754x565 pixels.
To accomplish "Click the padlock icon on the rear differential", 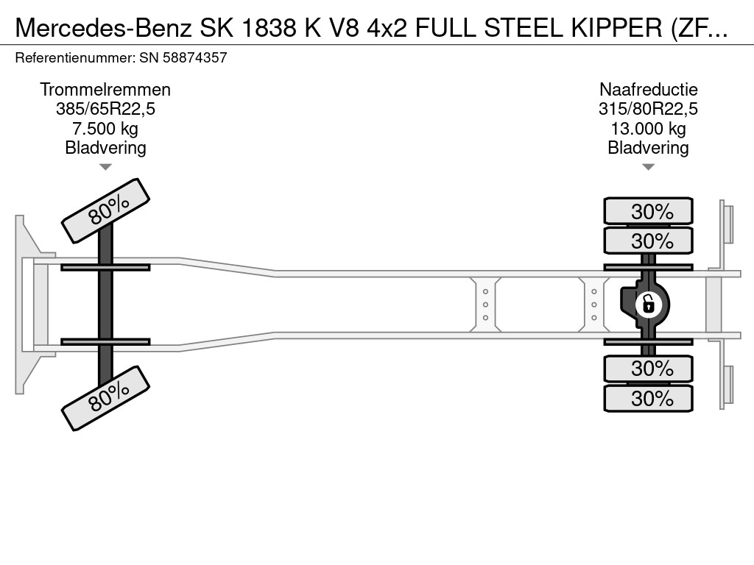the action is pyautogui.click(x=648, y=305).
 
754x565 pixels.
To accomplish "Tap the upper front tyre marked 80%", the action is pyautogui.click(x=106, y=211).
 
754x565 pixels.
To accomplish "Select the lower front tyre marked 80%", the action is pyautogui.click(x=106, y=398).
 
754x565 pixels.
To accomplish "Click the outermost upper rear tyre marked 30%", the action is pyautogui.click(x=648, y=211).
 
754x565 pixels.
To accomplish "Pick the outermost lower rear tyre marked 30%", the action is pyautogui.click(x=648, y=398).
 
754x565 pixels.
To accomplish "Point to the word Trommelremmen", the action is pyautogui.click(x=105, y=90).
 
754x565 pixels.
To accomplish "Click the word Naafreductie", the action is pyautogui.click(x=648, y=90).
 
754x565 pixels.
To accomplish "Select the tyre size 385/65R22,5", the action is pyautogui.click(x=105, y=109).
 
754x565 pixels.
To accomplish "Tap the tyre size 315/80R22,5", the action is pyautogui.click(x=648, y=109).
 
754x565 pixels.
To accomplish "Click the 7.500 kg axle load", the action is pyautogui.click(x=105, y=129).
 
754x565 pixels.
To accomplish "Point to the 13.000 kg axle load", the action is pyautogui.click(x=648, y=129).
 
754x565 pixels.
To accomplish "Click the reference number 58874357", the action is pyautogui.click(x=194, y=58).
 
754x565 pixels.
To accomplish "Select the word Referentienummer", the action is pyautogui.click(x=74, y=58).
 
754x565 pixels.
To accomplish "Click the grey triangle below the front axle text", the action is pyautogui.click(x=105, y=167).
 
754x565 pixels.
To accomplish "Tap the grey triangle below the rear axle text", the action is pyautogui.click(x=648, y=167).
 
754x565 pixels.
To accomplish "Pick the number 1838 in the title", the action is pyautogui.click(x=269, y=29).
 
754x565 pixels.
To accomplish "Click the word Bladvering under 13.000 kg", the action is pyautogui.click(x=648, y=148).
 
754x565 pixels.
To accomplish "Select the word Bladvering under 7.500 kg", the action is pyautogui.click(x=105, y=148).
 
